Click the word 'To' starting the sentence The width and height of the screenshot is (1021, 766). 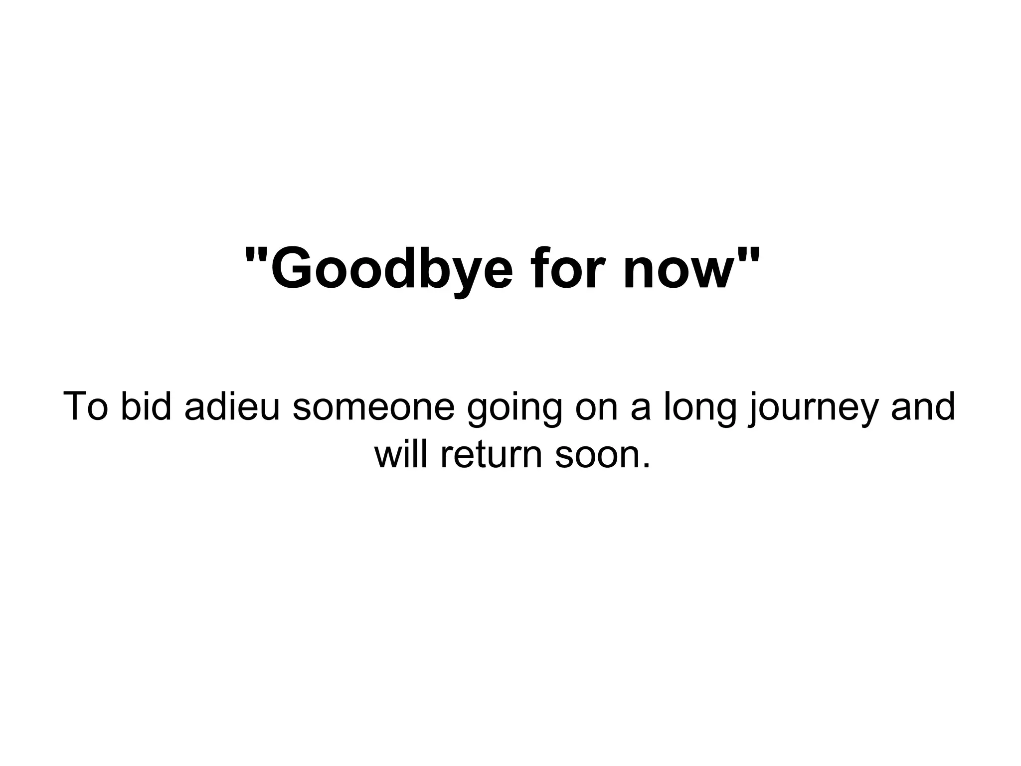86,406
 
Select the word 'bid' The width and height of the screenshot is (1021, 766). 146,406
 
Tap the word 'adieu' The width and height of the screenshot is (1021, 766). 232,406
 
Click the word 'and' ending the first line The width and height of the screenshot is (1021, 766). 923,406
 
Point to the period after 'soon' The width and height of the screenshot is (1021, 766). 647,467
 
